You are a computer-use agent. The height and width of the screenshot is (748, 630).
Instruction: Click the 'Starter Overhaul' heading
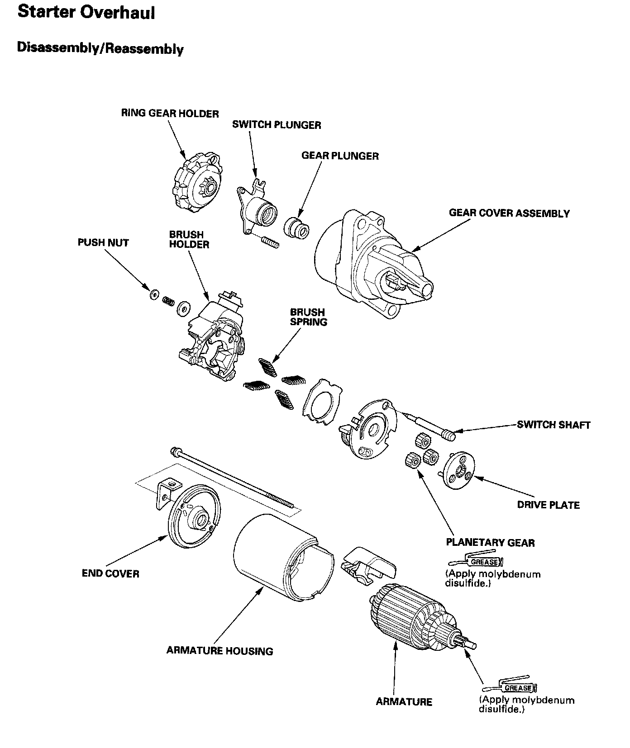pos(86,13)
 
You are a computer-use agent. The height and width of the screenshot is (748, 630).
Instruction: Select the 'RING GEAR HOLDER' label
pos(170,113)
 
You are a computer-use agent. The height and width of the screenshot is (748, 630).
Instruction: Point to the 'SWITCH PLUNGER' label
pos(277,125)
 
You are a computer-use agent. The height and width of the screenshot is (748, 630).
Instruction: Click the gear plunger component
pos(297,227)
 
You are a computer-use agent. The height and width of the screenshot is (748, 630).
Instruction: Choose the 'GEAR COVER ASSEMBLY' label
pos(509,213)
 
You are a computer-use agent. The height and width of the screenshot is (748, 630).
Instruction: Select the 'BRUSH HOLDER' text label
pos(189,240)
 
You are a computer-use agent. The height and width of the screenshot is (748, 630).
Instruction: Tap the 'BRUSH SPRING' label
pos(308,317)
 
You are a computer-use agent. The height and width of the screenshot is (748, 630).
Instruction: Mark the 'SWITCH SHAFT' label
pos(554,425)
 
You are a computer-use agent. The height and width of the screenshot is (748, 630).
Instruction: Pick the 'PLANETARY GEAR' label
pos(490,542)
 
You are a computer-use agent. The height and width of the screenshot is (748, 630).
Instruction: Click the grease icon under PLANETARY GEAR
pos(476,562)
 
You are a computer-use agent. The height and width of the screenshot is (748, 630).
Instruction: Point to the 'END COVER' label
pos(110,573)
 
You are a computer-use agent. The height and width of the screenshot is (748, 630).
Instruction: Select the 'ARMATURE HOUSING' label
pos(220,651)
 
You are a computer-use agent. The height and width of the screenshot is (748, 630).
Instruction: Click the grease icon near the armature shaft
pos(510,688)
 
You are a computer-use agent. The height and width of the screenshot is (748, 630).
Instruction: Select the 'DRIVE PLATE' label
pos(548,505)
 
